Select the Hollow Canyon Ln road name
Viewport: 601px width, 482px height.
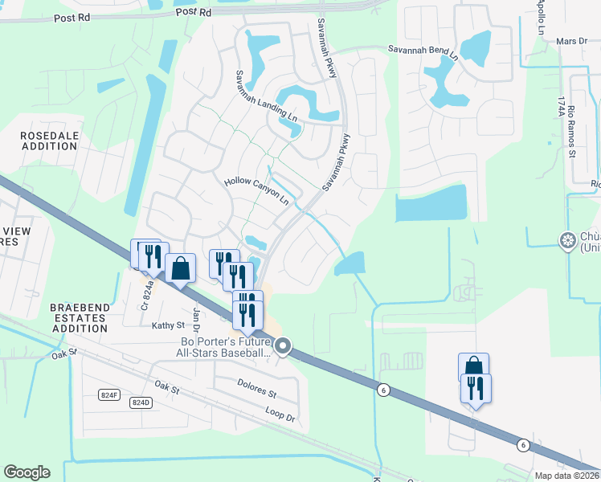(256, 191)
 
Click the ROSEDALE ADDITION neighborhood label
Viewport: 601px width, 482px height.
(53, 141)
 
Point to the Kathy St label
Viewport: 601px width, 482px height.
(168, 325)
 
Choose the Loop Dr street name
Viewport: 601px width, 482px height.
(280, 418)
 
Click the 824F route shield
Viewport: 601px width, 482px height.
(110, 394)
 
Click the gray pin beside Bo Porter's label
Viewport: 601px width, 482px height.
(283, 347)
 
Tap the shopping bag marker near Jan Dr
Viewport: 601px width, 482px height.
(182, 268)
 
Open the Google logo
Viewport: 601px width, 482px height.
(27, 472)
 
